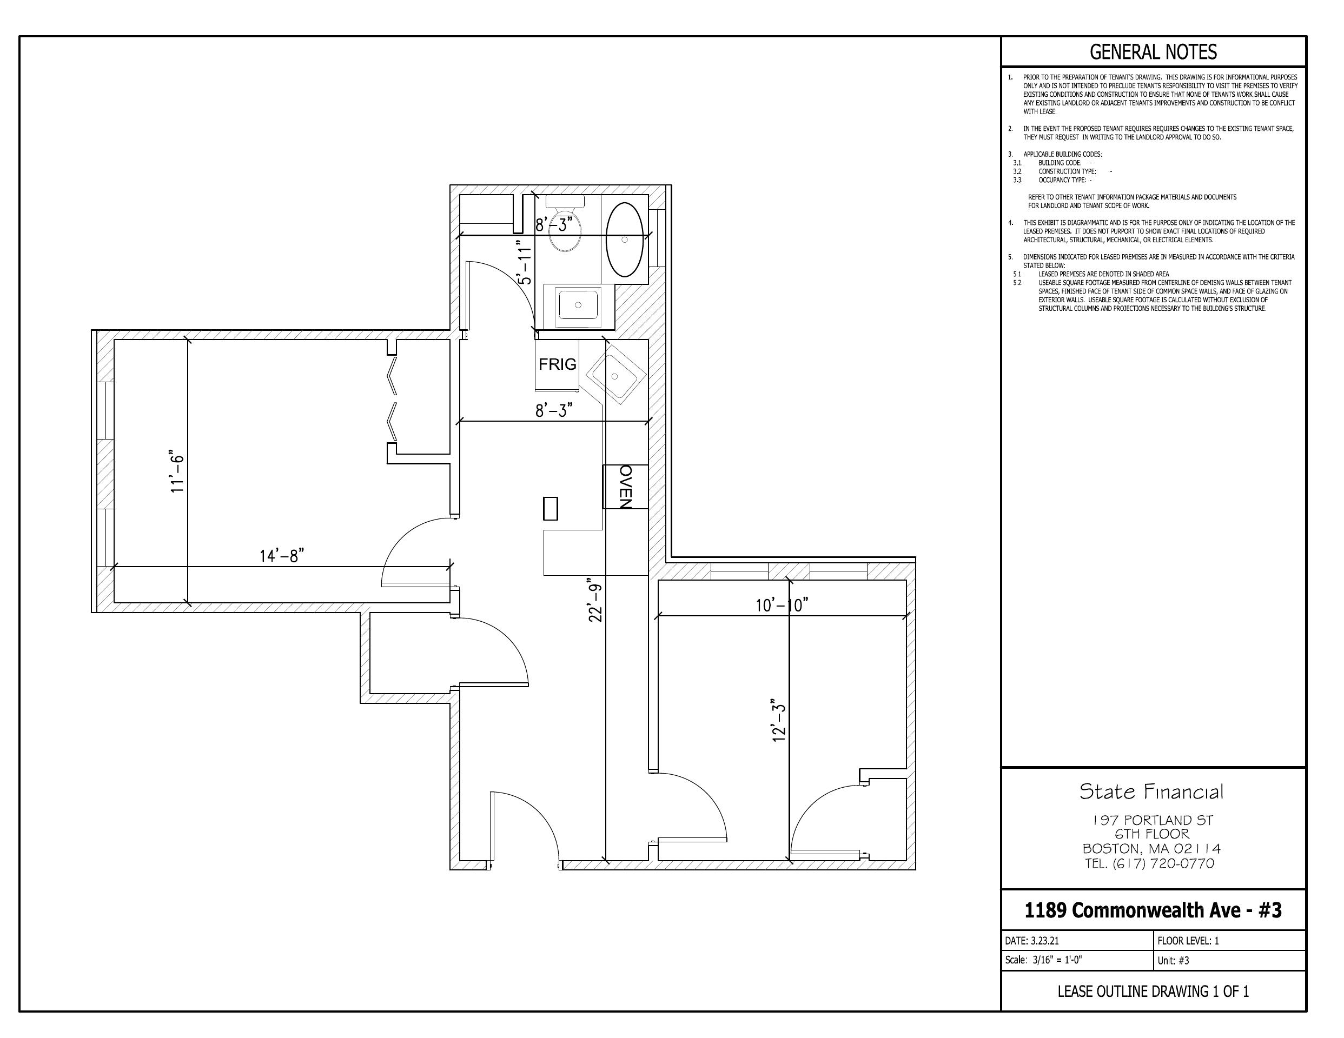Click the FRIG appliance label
coord(558,364)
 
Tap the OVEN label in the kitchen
coord(625,487)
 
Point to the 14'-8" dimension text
coord(282,556)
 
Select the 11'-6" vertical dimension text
coord(177,471)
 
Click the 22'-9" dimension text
coord(595,600)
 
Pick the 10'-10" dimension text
coord(782,605)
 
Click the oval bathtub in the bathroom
coord(625,239)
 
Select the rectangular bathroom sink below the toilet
coord(578,306)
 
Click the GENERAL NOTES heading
coord(1153,52)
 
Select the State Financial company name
coord(1151,792)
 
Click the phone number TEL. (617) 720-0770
coord(1149,864)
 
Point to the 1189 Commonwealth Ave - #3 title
coord(1153,910)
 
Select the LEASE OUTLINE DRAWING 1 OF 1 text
coord(1153,992)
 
